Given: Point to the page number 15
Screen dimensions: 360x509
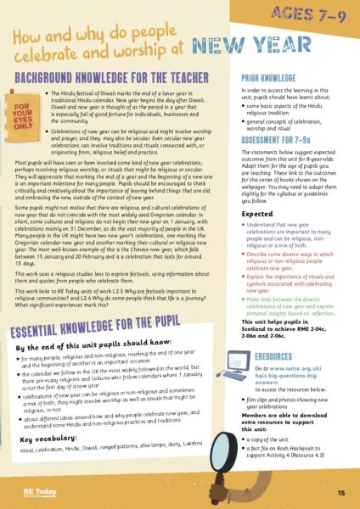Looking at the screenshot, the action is pyautogui.click(x=339, y=493).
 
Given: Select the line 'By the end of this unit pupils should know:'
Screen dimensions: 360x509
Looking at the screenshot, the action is pyautogui.click(x=98, y=347).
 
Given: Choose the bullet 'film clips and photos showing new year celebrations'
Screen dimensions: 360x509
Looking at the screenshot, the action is pyautogui.click(x=290, y=402).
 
